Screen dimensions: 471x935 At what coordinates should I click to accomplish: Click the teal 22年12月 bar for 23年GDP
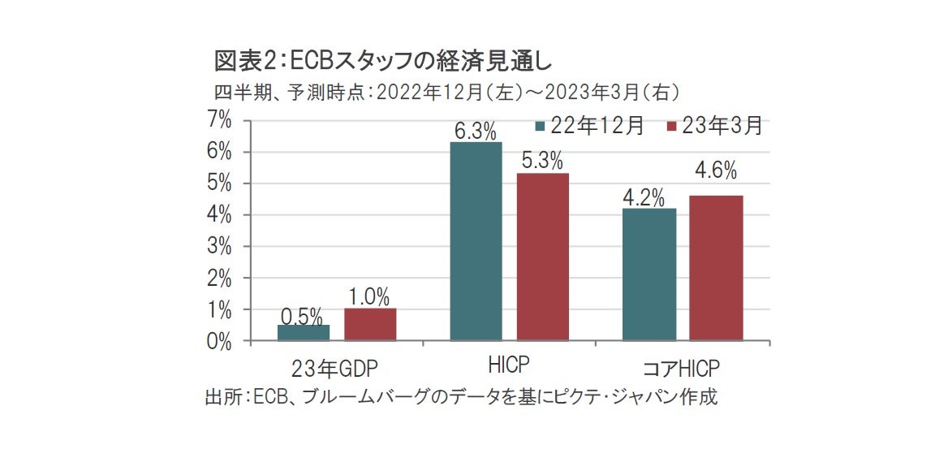click(304, 333)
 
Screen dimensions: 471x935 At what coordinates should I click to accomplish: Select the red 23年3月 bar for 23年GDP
click(370, 325)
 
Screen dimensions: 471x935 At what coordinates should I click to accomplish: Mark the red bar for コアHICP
click(715, 268)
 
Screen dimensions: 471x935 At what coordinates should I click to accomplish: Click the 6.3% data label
click(476, 131)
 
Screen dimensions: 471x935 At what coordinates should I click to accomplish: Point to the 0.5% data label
click(302, 316)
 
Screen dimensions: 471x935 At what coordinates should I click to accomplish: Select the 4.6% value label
click(715, 171)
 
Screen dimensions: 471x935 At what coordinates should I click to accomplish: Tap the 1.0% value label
click(369, 296)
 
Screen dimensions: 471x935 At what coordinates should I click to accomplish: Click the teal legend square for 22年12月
click(540, 127)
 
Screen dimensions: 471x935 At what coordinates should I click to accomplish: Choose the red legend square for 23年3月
click(670, 127)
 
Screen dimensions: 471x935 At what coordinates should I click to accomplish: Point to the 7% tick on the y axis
click(219, 120)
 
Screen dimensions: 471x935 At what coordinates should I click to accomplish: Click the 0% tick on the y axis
click(219, 342)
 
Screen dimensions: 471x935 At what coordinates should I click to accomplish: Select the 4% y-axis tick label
click(219, 215)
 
